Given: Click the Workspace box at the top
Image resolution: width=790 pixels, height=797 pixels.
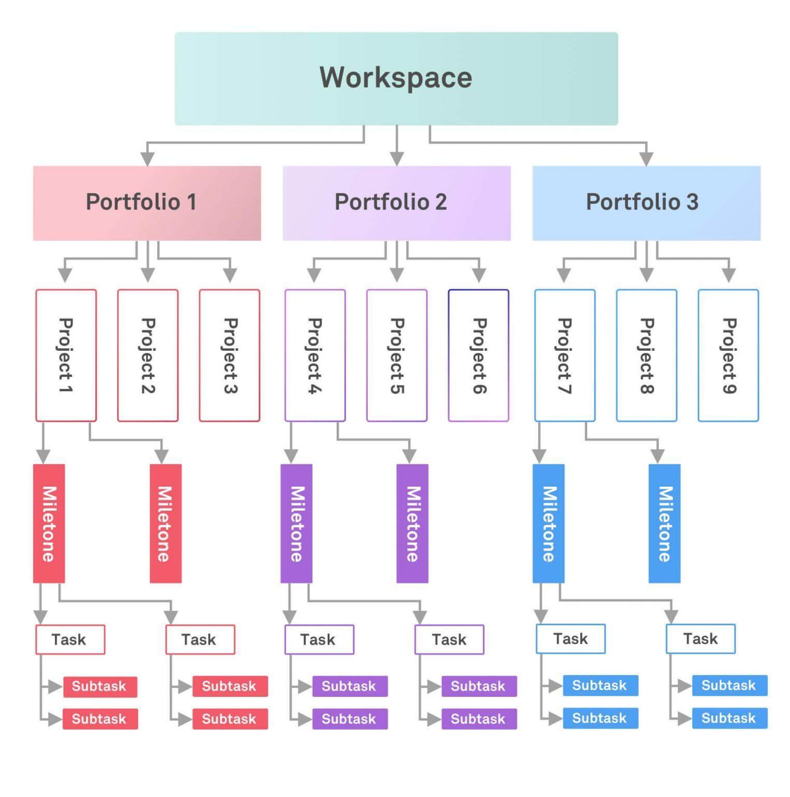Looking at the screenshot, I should pyautogui.click(x=396, y=78).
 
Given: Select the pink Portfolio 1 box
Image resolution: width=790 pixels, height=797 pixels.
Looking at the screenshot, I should pyautogui.click(x=147, y=203).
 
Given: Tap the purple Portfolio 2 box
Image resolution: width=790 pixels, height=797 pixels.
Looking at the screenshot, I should pyautogui.click(x=396, y=203).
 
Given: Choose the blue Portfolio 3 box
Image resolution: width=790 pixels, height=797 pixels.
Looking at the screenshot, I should pyautogui.click(x=646, y=203).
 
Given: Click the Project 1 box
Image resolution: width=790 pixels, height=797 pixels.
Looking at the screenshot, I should pyautogui.click(x=66, y=355).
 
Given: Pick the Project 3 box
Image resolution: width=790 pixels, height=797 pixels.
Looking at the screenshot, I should pyautogui.click(x=229, y=355).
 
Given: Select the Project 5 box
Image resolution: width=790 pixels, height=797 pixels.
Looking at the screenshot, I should pyautogui.click(x=396, y=355).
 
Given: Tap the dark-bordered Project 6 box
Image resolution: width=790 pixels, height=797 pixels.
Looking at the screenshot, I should pyautogui.click(x=478, y=355).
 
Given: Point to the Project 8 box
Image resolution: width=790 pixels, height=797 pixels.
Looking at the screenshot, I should pyautogui.click(x=646, y=355).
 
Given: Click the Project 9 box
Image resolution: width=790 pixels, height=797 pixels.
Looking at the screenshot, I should pyautogui.click(x=728, y=355).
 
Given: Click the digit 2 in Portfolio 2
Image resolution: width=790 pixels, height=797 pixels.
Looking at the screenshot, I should pyautogui.click(x=440, y=202).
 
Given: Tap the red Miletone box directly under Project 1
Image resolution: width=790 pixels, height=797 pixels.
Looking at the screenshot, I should pyautogui.click(x=49, y=523).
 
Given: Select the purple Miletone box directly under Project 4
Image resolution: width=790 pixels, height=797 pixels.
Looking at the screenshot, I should pyautogui.click(x=296, y=523).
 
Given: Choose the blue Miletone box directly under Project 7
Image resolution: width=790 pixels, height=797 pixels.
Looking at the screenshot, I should pyautogui.click(x=548, y=523).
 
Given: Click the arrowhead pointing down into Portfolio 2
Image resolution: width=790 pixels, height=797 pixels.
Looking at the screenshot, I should pyautogui.click(x=397, y=158).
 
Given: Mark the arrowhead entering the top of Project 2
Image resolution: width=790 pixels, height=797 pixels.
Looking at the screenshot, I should pyautogui.click(x=148, y=275).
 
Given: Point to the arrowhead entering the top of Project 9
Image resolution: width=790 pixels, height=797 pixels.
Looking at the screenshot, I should pyautogui.click(x=729, y=275).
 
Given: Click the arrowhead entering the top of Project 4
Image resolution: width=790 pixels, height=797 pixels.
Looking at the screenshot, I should pyautogui.click(x=314, y=275).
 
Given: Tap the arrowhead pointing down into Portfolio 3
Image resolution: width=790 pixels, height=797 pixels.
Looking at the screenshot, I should pyautogui.click(x=646, y=158).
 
